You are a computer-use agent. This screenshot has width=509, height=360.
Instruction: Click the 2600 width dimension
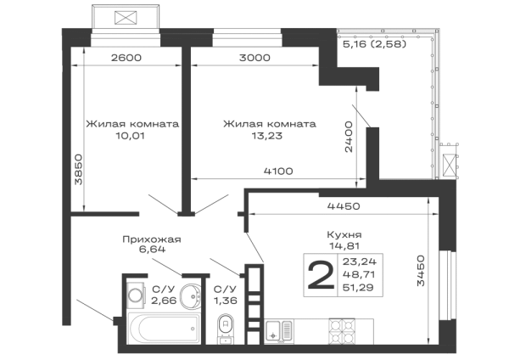pyautogui.click(x=126, y=58)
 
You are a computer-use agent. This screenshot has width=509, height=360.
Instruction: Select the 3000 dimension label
pyautogui.click(x=255, y=58)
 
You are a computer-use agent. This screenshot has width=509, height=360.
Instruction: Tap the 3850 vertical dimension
pyautogui.click(x=79, y=169)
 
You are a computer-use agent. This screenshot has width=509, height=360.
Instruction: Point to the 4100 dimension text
pyautogui.click(x=278, y=171)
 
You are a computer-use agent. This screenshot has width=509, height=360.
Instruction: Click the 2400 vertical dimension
pyautogui.click(x=349, y=137)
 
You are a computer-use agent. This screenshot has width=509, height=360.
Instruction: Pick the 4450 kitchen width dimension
pyautogui.click(x=344, y=206)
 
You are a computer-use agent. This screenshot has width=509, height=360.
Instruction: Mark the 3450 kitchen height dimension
pyautogui.click(x=421, y=270)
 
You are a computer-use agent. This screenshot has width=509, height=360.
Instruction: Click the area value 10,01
pyautogui.click(x=130, y=136)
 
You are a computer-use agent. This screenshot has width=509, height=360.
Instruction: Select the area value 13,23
pyautogui.click(x=267, y=136)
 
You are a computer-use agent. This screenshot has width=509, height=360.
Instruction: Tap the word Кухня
pyautogui.click(x=344, y=234)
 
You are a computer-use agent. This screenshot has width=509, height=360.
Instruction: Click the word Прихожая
pyautogui.click(x=152, y=239)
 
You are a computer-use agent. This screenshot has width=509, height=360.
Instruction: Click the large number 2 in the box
pyautogui.click(x=321, y=276)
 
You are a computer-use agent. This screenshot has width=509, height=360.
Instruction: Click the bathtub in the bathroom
pyautogui.click(x=164, y=328)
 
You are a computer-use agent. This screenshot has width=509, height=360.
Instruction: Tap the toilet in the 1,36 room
pyautogui.click(x=226, y=328)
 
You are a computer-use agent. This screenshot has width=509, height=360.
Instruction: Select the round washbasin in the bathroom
pyautogui.click(x=192, y=296)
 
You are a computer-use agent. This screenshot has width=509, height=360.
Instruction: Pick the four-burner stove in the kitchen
pyautogui.click(x=342, y=331)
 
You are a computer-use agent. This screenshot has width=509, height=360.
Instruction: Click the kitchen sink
pyautogui.click(x=279, y=331)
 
